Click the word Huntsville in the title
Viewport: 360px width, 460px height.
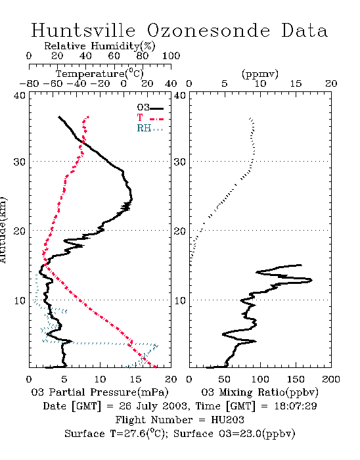[x=83, y=30]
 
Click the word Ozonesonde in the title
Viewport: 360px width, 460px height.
[x=208, y=30]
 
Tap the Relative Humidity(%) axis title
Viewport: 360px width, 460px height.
[x=100, y=46]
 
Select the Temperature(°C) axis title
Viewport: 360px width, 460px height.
[x=100, y=74]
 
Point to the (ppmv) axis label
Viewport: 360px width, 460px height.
[x=259, y=74]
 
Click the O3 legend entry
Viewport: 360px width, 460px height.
[x=150, y=108]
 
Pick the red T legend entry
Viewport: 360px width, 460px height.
[x=150, y=118]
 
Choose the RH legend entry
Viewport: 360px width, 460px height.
[x=150, y=128]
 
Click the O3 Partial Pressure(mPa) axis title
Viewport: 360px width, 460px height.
[x=100, y=392]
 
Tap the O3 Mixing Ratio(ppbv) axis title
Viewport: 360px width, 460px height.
[x=259, y=392]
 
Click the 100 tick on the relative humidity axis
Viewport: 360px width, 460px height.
[x=171, y=55]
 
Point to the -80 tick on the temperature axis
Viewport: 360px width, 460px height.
[x=29, y=83]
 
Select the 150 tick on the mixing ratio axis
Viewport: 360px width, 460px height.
[x=296, y=379]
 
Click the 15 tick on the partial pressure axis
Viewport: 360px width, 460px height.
[x=135, y=379]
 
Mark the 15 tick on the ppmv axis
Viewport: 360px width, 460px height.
[x=296, y=83]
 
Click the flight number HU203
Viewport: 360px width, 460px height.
[x=227, y=420]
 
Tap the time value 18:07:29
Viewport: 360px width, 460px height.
[x=296, y=406]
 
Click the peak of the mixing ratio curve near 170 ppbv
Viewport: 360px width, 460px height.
[x=311, y=280]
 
